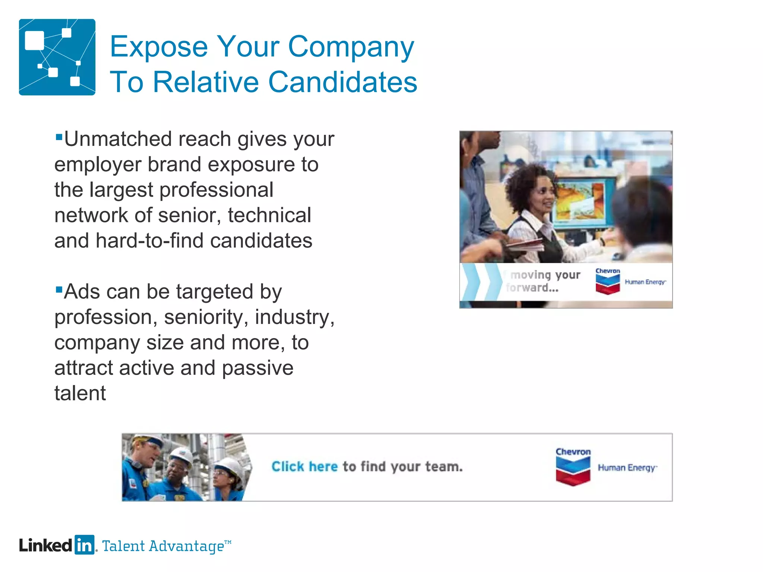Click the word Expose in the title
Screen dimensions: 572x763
coord(159,47)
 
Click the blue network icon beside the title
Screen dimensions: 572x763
coord(57,57)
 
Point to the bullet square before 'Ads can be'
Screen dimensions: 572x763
coord(58,289)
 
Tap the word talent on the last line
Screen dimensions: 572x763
coord(80,394)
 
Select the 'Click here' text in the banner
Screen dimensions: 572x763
coord(304,467)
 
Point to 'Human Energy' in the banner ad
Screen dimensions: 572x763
coord(627,468)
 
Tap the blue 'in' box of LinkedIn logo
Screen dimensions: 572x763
coord(84,545)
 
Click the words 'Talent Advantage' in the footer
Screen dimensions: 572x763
coord(163,546)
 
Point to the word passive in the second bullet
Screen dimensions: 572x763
coord(257,368)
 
